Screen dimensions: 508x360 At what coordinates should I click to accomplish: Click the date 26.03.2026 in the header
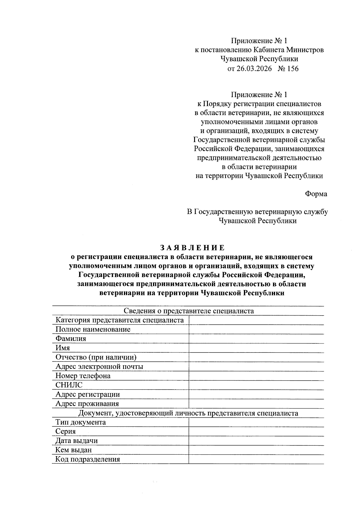(254, 69)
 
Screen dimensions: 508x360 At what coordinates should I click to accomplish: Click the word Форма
(316, 194)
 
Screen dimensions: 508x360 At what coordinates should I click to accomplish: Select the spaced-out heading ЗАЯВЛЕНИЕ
(192, 248)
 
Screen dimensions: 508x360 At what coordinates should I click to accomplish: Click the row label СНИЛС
(69, 385)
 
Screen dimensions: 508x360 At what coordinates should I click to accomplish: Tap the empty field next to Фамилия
(256, 339)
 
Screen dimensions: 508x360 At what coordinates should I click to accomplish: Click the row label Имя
(62, 348)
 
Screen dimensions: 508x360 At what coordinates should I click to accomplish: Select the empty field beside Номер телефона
(256, 376)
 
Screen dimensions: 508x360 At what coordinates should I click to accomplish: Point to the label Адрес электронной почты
(99, 367)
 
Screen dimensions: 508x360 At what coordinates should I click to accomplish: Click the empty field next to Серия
(256, 431)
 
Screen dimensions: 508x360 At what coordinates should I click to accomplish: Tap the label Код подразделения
(88, 459)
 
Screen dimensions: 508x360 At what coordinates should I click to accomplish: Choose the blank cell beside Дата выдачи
(256, 441)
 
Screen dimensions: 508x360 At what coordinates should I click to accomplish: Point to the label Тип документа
(80, 422)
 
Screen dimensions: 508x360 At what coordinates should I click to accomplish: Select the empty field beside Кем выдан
(256, 450)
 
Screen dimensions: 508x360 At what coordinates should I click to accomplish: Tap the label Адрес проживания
(87, 404)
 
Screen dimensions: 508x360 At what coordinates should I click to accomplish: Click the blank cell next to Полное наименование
(256, 329)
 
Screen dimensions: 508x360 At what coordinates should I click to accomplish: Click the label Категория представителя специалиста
(119, 320)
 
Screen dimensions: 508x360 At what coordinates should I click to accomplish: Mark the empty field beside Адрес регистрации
(256, 394)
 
